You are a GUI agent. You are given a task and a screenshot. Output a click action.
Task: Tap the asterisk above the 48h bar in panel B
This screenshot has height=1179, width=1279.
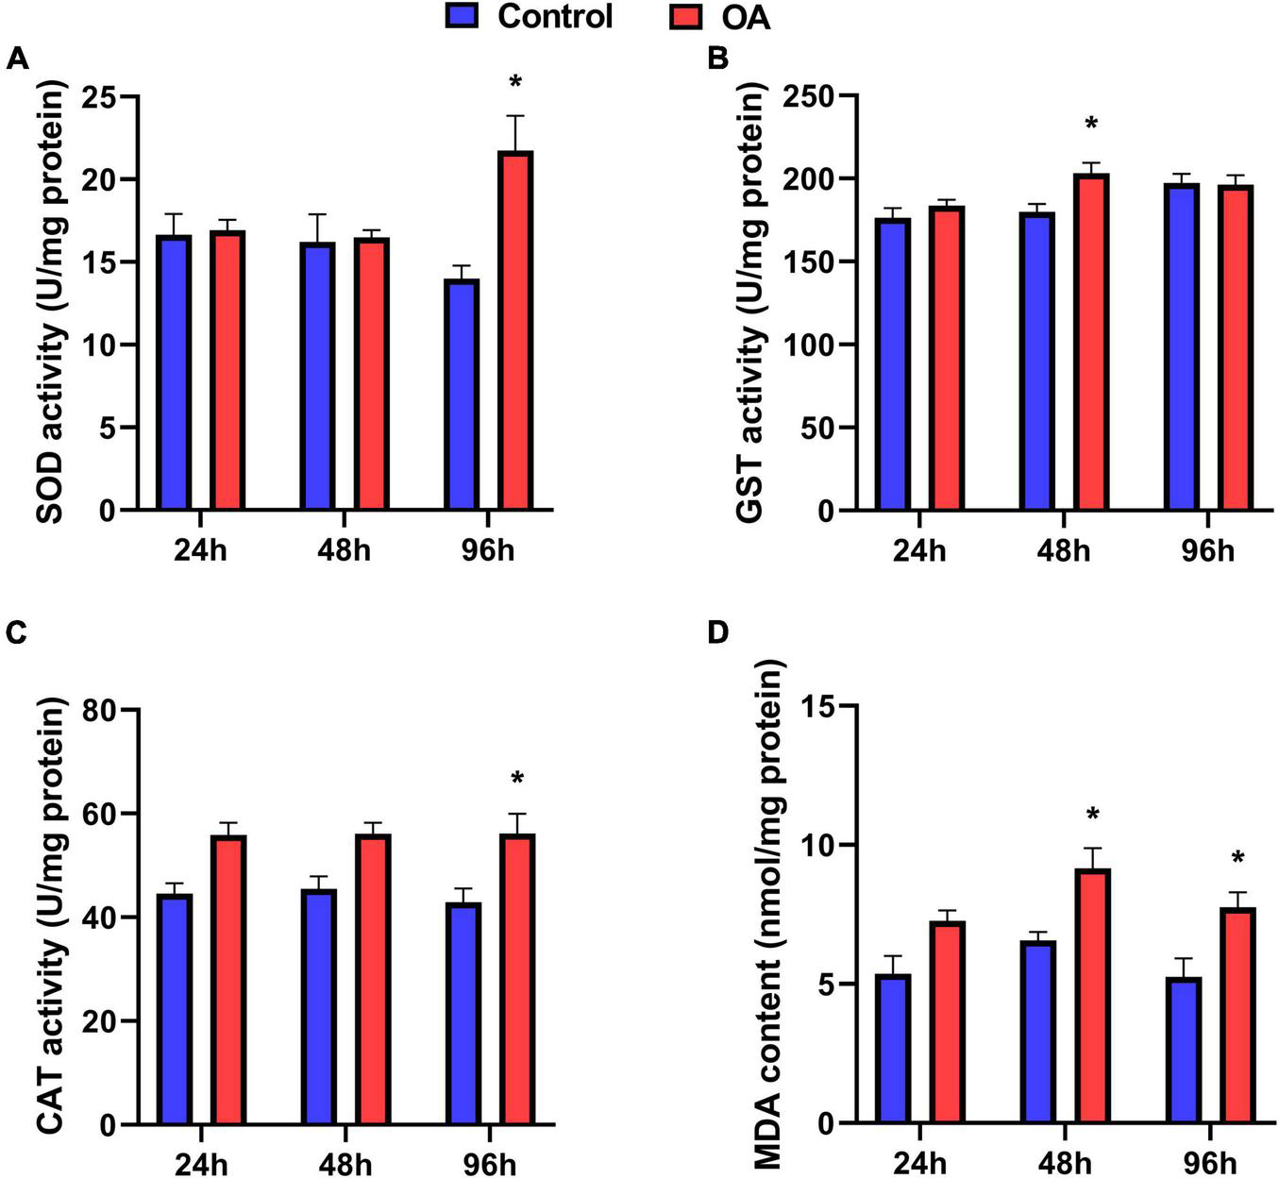(x=1091, y=125)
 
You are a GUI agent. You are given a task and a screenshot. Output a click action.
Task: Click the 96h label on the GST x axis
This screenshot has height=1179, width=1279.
(x=1207, y=550)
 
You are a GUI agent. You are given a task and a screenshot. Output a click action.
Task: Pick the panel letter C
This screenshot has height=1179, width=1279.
(x=16, y=633)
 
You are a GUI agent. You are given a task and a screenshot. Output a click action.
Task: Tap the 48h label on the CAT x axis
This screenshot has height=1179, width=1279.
(x=345, y=1160)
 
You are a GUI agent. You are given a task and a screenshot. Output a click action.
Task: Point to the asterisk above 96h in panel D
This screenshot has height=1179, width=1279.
(x=1237, y=859)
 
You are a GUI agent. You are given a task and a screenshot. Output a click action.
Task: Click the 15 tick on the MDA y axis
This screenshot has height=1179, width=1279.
(x=822, y=705)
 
